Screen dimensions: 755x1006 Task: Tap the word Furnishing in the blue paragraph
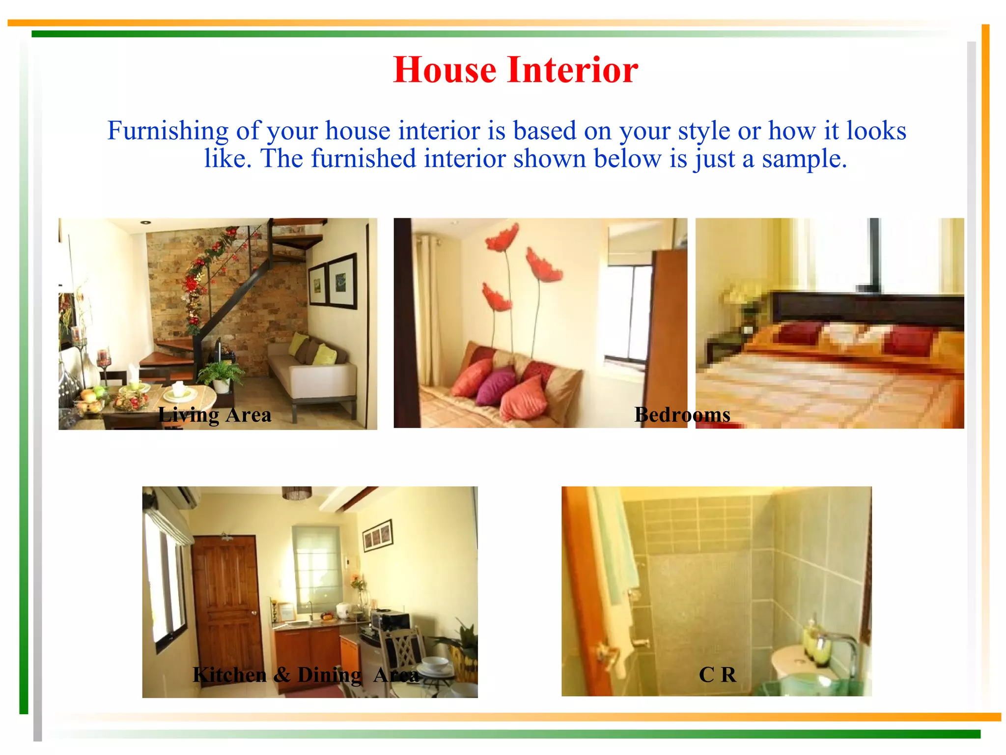(x=168, y=131)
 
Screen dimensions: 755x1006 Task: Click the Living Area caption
(x=215, y=415)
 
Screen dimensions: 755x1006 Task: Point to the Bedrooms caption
(x=682, y=415)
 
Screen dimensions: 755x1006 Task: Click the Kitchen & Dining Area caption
(x=306, y=675)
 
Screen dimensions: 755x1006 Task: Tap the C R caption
(x=717, y=675)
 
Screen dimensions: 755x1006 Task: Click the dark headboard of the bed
(x=865, y=309)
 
